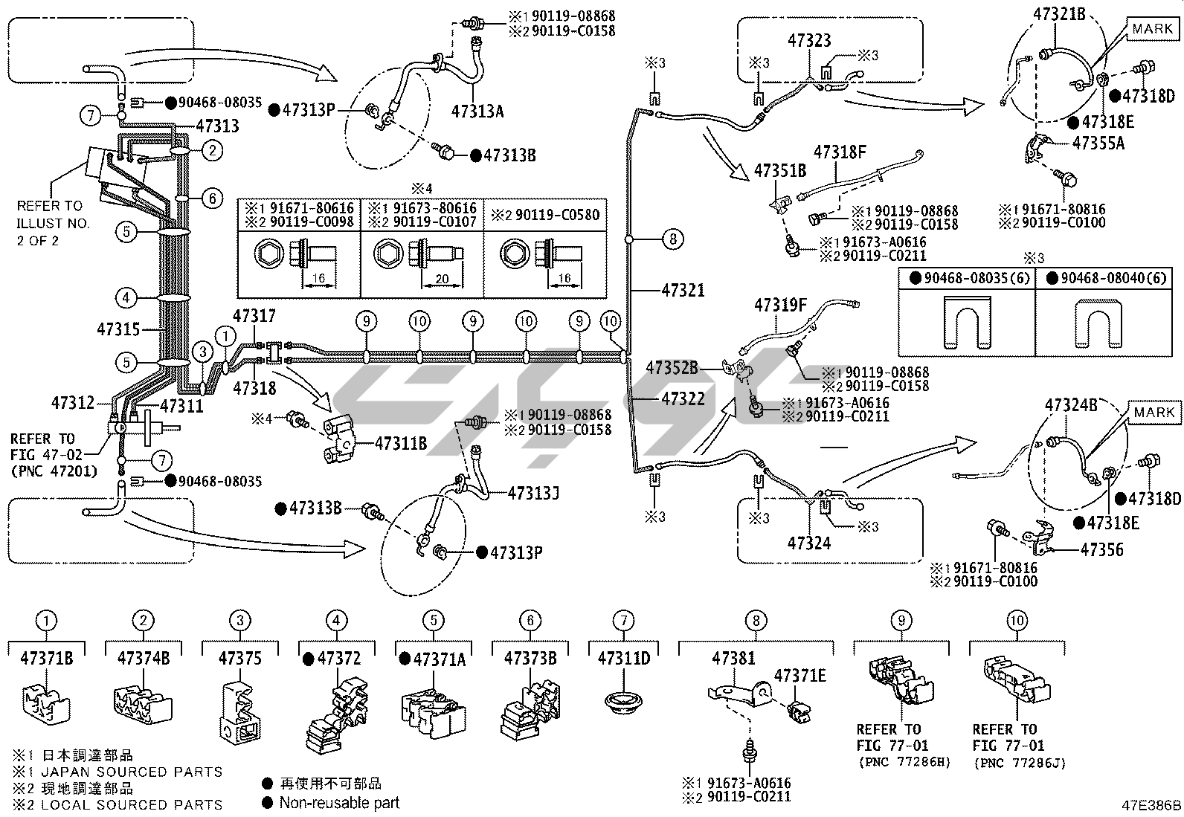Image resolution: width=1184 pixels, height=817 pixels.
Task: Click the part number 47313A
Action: click(477, 112)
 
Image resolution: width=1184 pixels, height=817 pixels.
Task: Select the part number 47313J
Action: click(534, 493)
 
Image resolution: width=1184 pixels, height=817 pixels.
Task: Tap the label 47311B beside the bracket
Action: click(401, 444)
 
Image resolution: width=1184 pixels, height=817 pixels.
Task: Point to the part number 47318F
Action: click(840, 152)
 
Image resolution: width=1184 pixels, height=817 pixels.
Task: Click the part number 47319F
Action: click(780, 305)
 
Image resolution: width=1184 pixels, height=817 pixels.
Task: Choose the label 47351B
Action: click(780, 170)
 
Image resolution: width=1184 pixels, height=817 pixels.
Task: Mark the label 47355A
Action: click(1098, 143)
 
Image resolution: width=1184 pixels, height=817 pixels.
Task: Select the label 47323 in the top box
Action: click(808, 41)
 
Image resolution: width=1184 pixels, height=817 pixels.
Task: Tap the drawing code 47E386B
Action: click(1151, 805)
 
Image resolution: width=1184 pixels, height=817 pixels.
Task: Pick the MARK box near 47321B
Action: click(1152, 29)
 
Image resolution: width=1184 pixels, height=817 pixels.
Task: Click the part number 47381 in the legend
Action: click(733, 658)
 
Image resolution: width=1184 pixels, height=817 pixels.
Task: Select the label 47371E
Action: click(800, 676)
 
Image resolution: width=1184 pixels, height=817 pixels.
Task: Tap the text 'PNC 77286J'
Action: click(1008, 763)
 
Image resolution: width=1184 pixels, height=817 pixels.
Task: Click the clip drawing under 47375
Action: click(240, 710)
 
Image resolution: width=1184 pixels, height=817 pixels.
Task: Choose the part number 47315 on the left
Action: click(119, 329)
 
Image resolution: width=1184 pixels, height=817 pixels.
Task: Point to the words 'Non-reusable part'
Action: click(339, 803)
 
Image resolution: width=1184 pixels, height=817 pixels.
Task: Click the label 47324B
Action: click(1071, 405)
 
